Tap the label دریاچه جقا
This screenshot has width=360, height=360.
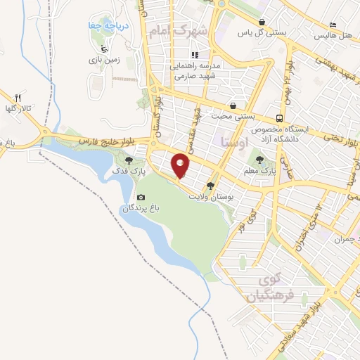coord(110,26)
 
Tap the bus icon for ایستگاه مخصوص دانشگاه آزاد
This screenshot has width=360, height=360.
coord(280,118)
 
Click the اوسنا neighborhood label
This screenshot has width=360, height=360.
coord(233,143)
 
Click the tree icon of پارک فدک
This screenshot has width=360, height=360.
coord(127,160)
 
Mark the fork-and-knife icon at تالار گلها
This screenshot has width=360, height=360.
coord(19,98)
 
